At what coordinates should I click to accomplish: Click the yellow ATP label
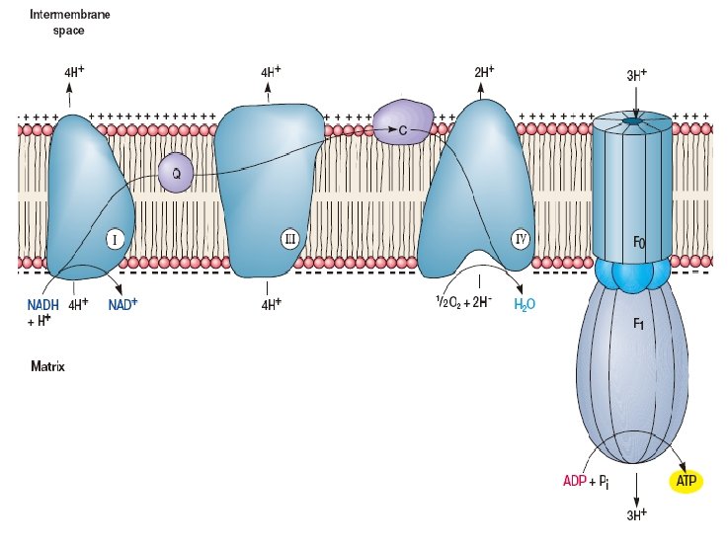click(x=687, y=481)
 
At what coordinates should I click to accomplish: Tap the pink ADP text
click(x=575, y=481)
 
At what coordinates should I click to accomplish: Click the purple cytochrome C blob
click(x=402, y=123)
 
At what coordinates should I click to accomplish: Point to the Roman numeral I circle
click(x=116, y=239)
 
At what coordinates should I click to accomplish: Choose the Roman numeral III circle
click(x=289, y=238)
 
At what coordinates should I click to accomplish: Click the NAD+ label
click(x=122, y=304)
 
